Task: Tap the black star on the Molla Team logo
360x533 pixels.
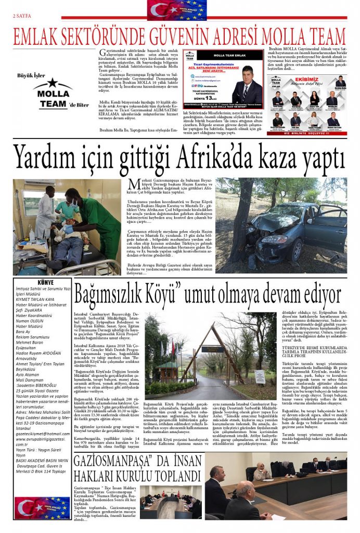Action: [x=52, y=82]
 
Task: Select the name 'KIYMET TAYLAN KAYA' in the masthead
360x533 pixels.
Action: [x=35, y=299]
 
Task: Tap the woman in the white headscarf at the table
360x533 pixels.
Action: [x=260, y=473]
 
